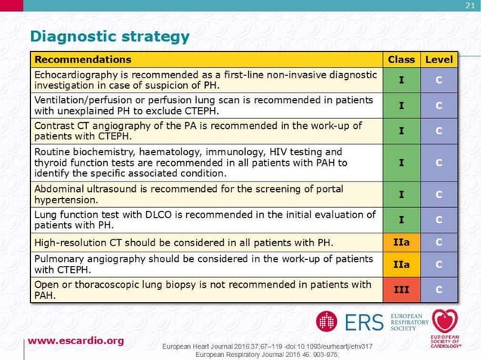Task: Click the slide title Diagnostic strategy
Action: [109, 36]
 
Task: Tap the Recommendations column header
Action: [83, 59]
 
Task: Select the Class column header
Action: [401, 59]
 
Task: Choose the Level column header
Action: [439, 59]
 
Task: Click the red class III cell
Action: [401, 289]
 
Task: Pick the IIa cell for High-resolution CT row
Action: [401, 243]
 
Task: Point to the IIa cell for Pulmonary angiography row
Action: [401, 264]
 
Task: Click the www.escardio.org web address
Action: [76, 340]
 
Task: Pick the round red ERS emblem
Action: [326, 322]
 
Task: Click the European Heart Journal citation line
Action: [268, 346]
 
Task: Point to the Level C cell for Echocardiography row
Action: [439, 81]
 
